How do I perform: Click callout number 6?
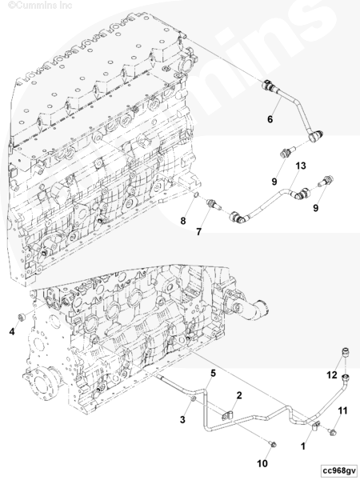pos(270,119)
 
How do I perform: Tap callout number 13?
pos(301,166)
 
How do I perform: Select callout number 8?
pos(183,221)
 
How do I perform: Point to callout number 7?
pos(198,232)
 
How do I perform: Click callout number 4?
pos(12,331)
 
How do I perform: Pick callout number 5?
pos(213,373)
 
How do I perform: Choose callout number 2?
pos(239,395)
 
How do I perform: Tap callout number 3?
pos(182,419)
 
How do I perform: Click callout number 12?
pos(332,374)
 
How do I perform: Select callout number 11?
pos(342,410)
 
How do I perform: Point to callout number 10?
pos(262,464)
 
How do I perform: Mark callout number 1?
pos(303,446)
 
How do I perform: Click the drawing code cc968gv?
pos(339,470)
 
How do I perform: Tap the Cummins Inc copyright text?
pos(40,6)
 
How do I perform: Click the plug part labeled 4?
pos(22,318)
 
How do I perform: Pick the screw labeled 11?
pos(333,432)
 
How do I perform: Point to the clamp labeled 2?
pos(226,415)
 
